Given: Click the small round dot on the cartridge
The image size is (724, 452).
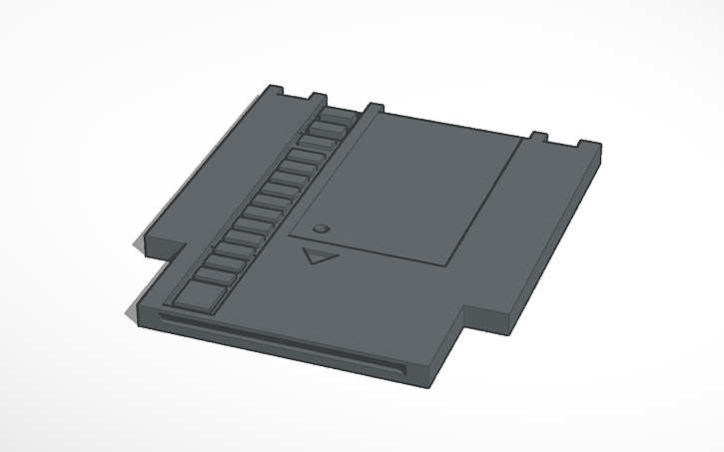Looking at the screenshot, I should pyautogui.click(x=321, y=228).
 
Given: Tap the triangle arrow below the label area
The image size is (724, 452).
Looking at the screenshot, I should pyautogui.click(x=318, y=256).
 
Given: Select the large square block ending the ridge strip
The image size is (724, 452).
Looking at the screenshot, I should pyautogui.click(x=199, y=293).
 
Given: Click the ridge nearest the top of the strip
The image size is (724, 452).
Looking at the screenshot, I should pyautogui.click(x=335, y=116).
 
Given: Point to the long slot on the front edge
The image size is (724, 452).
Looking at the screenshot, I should pyautogui.click(x=280, y=344).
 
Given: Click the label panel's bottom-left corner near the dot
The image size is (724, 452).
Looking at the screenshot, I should pyautogui.click(x=291, y=239).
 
